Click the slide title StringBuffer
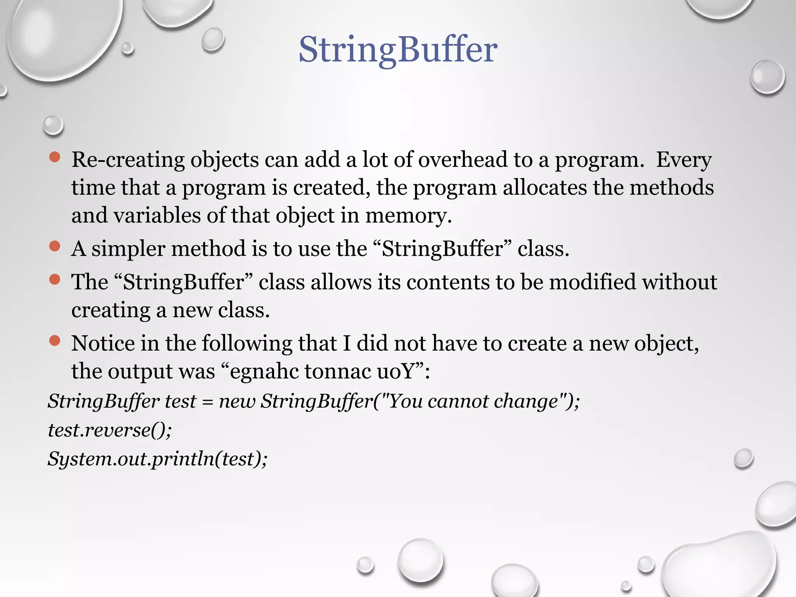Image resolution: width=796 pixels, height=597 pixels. (398, 50)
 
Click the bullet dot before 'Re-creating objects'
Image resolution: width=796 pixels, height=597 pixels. (55, 157)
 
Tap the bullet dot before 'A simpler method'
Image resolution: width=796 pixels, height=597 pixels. (55, 246)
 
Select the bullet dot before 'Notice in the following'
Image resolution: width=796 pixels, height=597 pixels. (55, 340)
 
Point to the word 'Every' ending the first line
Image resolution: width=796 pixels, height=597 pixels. (684, 160)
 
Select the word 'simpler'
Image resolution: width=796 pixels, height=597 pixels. (128, 249)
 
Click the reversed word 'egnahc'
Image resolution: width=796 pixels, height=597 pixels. (264, 372)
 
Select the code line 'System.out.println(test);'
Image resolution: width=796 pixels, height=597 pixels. (157, 459)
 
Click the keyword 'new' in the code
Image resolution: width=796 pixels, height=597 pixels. (237, 401)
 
